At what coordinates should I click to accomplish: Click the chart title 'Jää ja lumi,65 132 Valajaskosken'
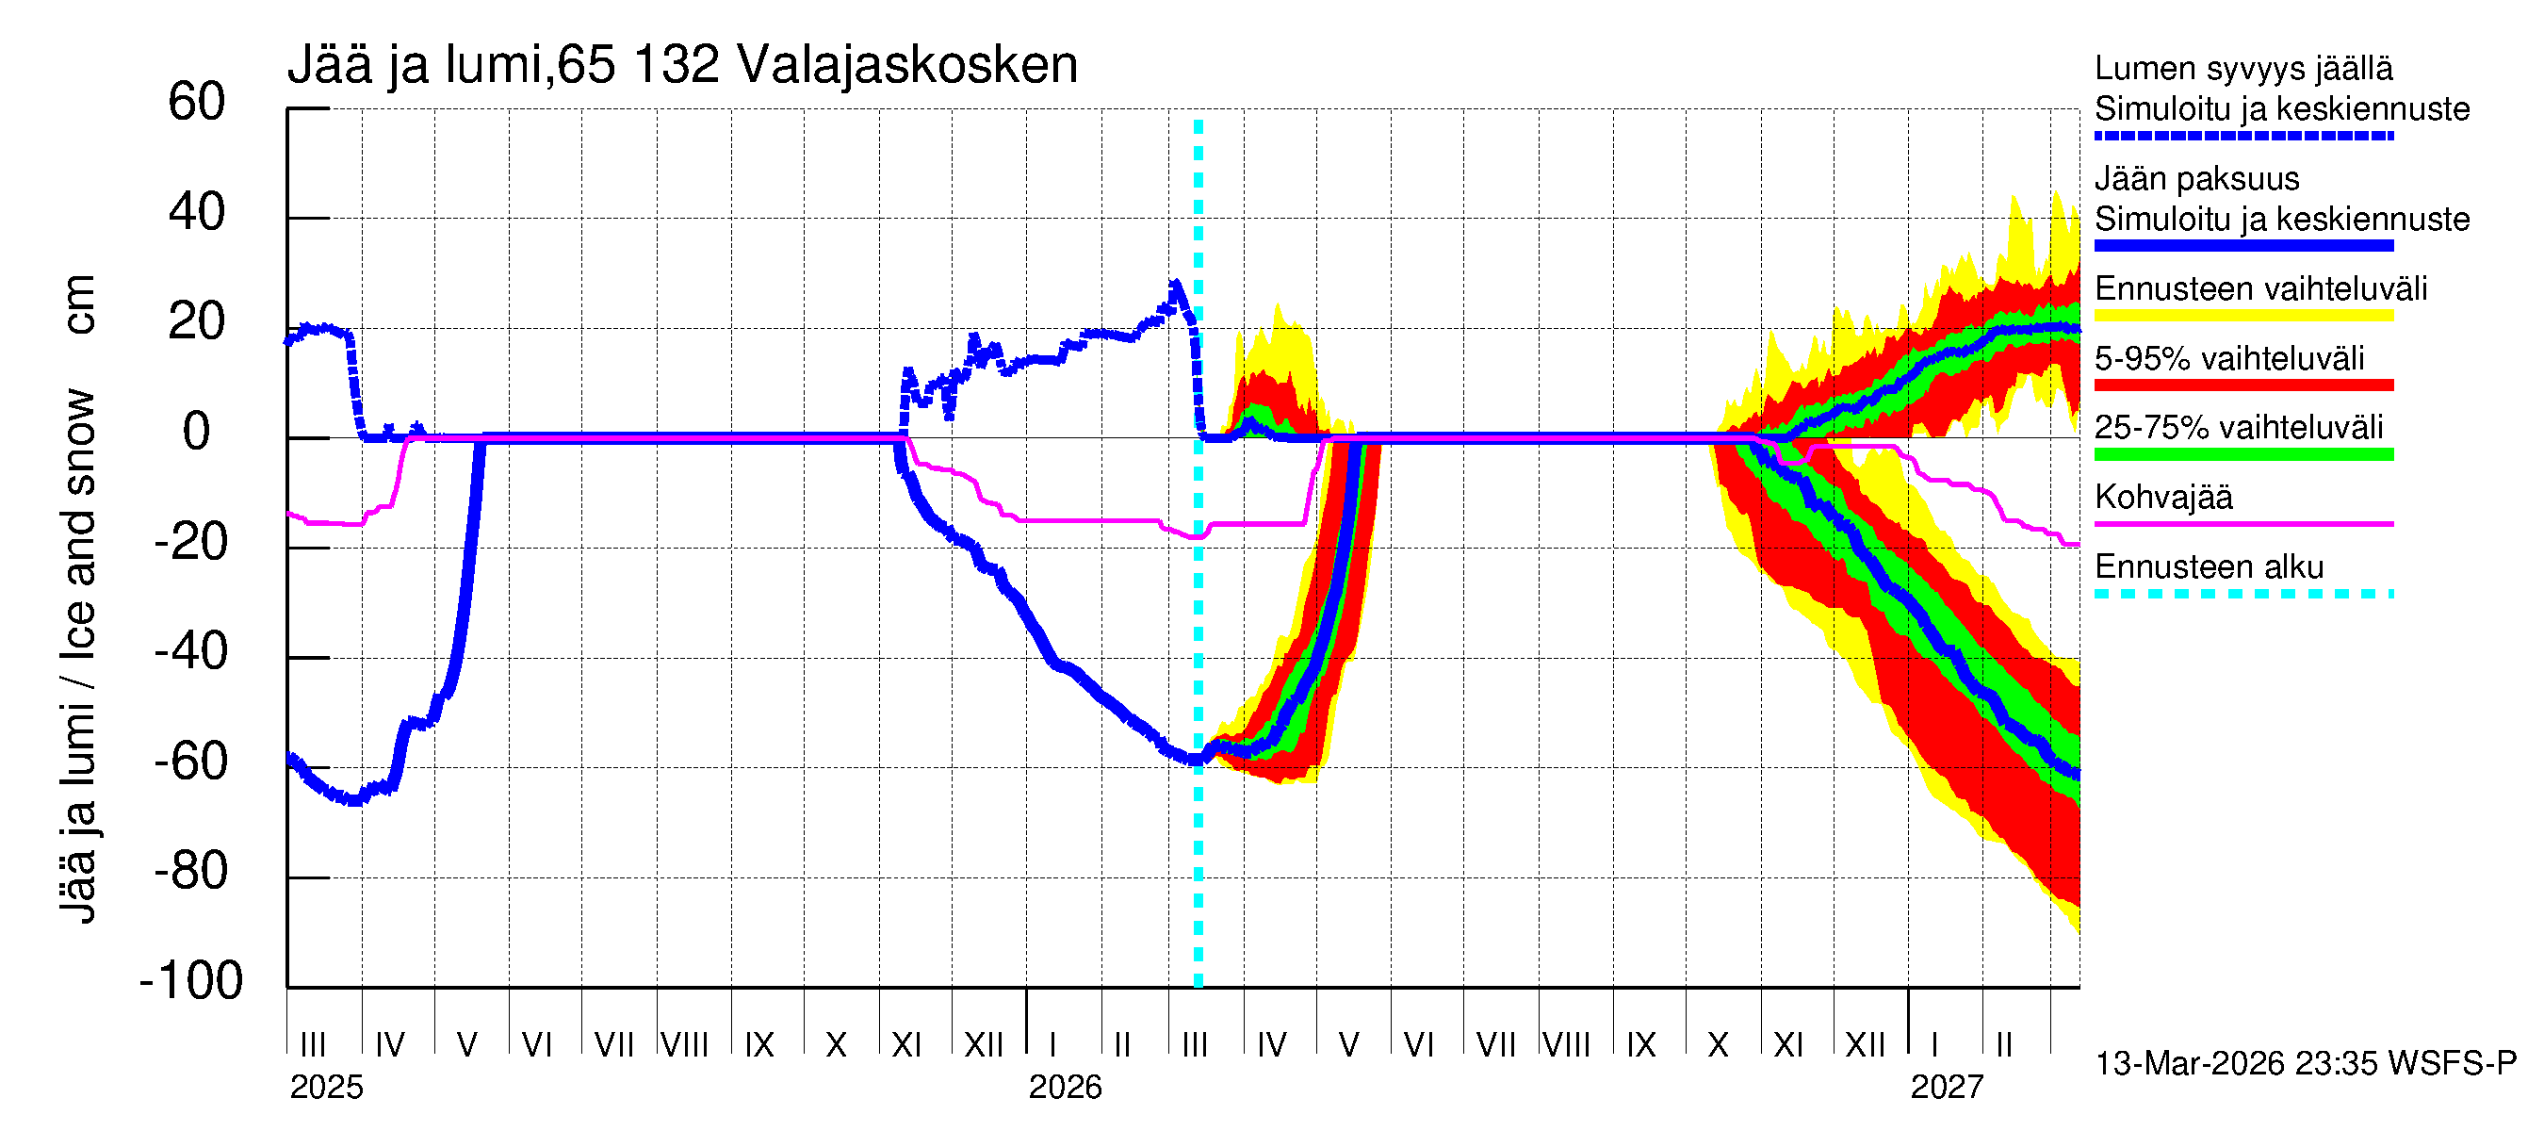tap(681, 65)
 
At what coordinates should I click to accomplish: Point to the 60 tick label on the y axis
tap(197, 103)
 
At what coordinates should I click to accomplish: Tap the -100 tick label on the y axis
tap(191, 981)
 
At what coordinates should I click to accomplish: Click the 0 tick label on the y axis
tap(197, 433)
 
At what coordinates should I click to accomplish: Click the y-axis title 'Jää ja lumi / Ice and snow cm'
tap(77, 598)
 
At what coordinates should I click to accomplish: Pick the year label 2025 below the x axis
tap(326, 1088)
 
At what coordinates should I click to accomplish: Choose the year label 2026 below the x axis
tap(1065, 1088)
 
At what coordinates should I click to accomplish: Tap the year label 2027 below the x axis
tap(1947, 1088)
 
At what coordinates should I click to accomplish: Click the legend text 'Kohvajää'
tap(2162, 497)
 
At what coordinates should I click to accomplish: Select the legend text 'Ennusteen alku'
tap(2209, 567)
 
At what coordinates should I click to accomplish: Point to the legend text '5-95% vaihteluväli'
tap(2229, 358)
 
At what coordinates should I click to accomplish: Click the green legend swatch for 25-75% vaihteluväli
tap(2242, 454)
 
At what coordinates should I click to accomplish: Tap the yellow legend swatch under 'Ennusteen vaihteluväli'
tap(2242, 316)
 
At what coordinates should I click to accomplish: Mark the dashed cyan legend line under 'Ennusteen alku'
tap(2242, 594)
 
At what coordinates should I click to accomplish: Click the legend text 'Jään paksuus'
tap(2196, 179)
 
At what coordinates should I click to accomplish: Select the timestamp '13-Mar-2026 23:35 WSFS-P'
tap(2305, 1064)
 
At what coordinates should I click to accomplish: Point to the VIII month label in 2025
tap(684, 1045)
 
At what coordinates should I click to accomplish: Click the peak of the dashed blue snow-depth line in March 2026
tap(1175, 285)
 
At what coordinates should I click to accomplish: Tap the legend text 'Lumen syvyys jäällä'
tap(2242, 69)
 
